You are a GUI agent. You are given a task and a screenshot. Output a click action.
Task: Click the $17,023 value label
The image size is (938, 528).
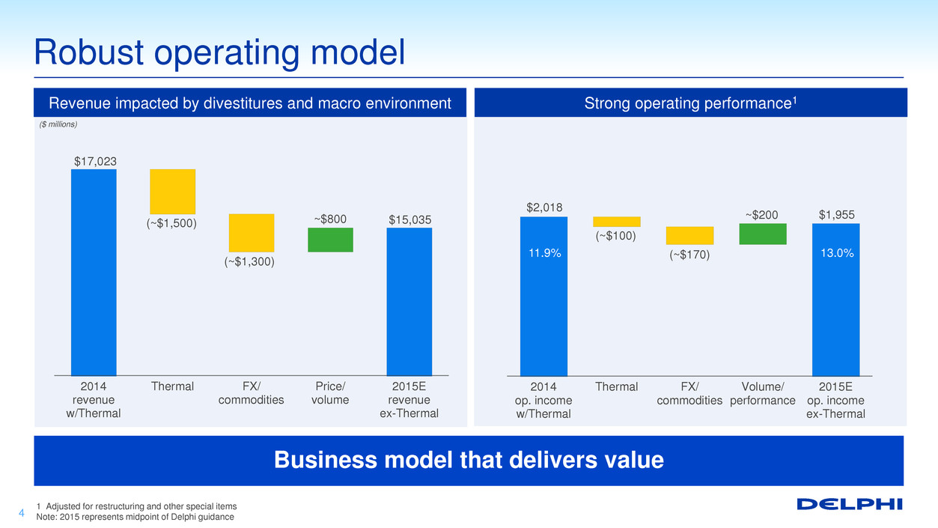tap(96, 161)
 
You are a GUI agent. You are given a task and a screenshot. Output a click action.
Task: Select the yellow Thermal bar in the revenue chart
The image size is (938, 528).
tap(172, 192)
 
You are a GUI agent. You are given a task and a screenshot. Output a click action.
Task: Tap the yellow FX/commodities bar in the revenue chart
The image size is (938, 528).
tap(252, 233)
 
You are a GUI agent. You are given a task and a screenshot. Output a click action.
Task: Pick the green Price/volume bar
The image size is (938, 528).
tap(330, 240)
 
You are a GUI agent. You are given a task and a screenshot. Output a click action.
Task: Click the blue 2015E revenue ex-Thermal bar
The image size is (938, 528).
tap(409, 302)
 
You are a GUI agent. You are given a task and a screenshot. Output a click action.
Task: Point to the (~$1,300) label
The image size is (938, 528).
tap(249, 262)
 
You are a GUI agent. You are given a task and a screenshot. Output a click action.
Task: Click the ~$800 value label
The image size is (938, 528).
tap(330, 219)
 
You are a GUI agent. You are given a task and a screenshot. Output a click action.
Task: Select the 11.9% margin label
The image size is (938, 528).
tap(544, 253)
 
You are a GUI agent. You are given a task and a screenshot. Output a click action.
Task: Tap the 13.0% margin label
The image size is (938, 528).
tap(837, 253)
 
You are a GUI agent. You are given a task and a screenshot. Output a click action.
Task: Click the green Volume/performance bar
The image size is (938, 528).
tap(763, 234)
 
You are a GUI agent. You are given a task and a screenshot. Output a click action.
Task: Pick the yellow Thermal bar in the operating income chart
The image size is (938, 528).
tap(617, 222)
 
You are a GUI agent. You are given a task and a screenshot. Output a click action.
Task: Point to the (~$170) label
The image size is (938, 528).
tap(689, 255)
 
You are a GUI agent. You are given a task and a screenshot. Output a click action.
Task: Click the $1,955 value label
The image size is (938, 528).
tap(837, 215)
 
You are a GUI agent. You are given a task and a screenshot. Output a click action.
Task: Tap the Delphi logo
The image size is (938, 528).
tap(850, 504)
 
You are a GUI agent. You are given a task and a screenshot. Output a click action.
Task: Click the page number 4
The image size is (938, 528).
tap(22, 513)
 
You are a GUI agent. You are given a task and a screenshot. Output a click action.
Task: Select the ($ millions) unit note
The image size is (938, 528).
tap(58, 124)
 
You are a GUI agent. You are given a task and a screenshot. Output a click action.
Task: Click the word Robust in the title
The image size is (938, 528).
tap(89, 52)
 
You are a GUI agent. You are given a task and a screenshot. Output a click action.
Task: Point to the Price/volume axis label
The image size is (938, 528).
tap(330, 393)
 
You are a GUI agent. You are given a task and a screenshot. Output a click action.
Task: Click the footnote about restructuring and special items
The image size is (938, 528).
tap(136, 506)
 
